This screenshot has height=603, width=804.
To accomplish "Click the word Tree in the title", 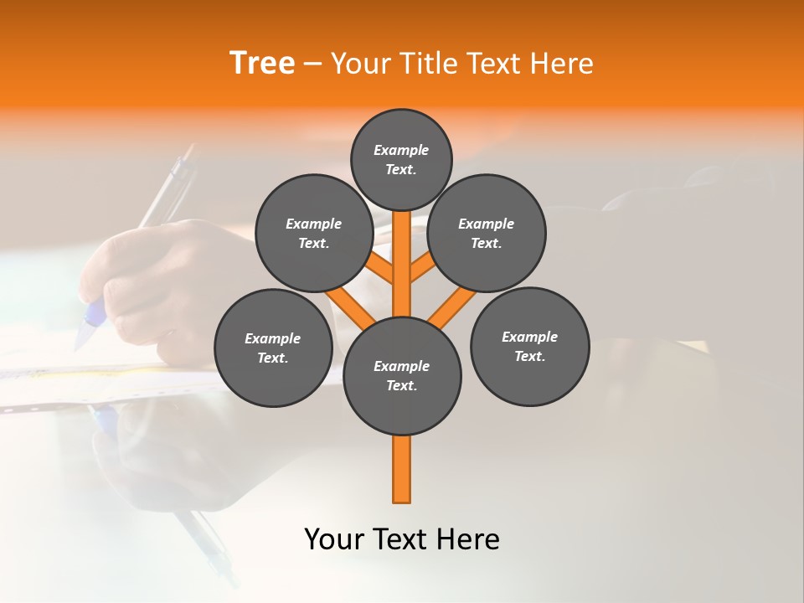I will pyautogui.click(x=262, y=63).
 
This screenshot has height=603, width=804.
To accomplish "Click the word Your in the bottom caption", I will pyautogui.click(x=334, y=539).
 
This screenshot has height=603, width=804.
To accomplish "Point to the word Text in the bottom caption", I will pyautogui.click(x=401, y=539).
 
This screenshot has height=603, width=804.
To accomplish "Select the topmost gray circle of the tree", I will pyautogui.click(x=401, y=159).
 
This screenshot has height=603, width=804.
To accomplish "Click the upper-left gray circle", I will pyautogui.click(x=314, y=233).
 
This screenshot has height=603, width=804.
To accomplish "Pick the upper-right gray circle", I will pyautogui.click(x=487, y=233).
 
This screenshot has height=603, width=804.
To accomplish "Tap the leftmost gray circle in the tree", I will pyautogui.click(x=273, y=348).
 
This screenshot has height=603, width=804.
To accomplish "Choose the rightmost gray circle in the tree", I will pyautogui.click(x=529, y=346).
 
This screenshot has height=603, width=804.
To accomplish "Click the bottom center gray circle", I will pyautogui.click(x=402, y=375).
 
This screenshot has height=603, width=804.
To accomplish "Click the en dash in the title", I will pyautogui.click(x=312, y=63).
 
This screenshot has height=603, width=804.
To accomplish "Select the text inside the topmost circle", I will pyautogui.click(x=401, y=159).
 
